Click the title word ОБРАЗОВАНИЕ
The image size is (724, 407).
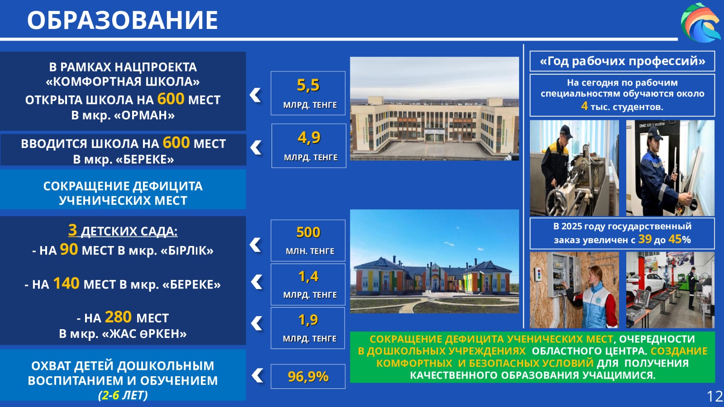coord(123,20)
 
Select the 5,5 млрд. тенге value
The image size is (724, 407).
coord(308,93)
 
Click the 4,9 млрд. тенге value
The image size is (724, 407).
coord(309,146)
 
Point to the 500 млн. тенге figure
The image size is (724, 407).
coord(308,240)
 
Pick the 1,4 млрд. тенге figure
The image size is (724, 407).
coord(308,284)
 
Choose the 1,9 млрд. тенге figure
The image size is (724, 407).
coord(308,328)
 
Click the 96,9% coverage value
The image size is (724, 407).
coord(308,376)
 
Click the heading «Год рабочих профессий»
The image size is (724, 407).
coord(622,61)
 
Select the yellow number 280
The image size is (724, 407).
coord(118,317)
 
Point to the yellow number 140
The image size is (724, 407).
coord(66,283)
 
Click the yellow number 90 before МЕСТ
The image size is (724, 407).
coord(69,249)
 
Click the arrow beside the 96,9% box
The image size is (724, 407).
coord(257,375)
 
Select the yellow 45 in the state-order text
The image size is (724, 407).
coord(675,239)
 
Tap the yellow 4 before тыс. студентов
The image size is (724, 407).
coord(584,106)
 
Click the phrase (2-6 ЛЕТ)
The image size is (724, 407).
coord(123,395)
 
